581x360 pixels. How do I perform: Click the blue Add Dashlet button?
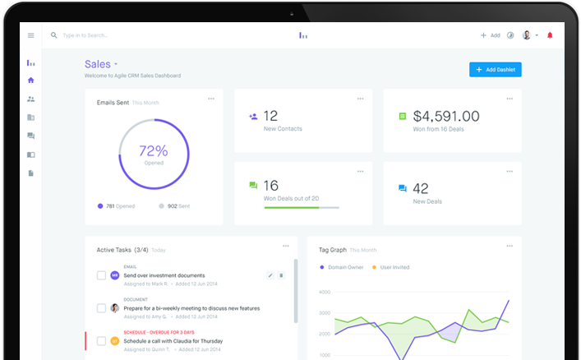coord(496,70)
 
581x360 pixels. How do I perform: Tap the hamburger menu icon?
coord(31,35)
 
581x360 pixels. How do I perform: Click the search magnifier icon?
coord(54,35)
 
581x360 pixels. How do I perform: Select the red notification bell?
coord(550,35)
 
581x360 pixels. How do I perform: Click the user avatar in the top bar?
coord(526,35)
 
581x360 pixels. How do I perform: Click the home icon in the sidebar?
coord(31,80)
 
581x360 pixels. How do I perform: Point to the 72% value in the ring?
coord(154,151)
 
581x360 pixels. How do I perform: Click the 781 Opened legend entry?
coord(116,206)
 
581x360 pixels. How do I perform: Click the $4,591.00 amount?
coord(446,117)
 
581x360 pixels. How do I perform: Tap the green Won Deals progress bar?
coord(291,207)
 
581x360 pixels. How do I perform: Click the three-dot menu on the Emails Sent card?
coord(211,99)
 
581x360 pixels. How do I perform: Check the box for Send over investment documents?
coord(101,275)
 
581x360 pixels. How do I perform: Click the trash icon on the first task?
coord(281,275)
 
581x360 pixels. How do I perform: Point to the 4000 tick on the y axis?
coord(324,292)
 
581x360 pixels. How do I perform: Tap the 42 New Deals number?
coord(421,188)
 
